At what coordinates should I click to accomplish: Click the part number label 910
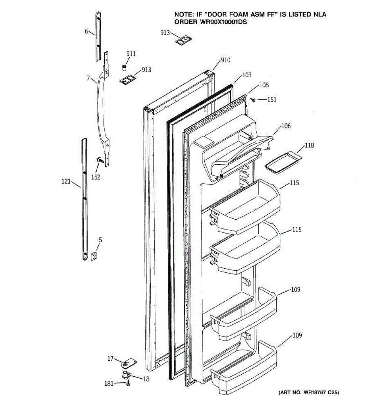(225, 60)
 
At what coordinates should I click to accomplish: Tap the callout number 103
(247, 75)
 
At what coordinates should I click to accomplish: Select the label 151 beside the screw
(272, 100)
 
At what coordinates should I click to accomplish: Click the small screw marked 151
(253, 99)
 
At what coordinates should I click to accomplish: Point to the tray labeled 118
(283, 161)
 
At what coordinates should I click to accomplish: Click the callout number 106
(286, 126)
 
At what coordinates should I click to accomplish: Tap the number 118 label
(309, 145)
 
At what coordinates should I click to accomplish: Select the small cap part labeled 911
(124, 67)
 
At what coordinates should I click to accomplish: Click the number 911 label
(131, 54)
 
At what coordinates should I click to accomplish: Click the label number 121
(66, 182)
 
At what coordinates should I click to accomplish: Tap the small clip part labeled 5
(94, 256)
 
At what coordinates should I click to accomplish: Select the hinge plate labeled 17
(128, 363)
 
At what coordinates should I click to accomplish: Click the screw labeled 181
(128, 383)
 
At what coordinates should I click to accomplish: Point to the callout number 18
(146, 379)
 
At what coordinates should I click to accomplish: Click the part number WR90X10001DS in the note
(210, 22)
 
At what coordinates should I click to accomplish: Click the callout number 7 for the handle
(88, 78)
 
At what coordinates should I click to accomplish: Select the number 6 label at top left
(86, 31)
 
